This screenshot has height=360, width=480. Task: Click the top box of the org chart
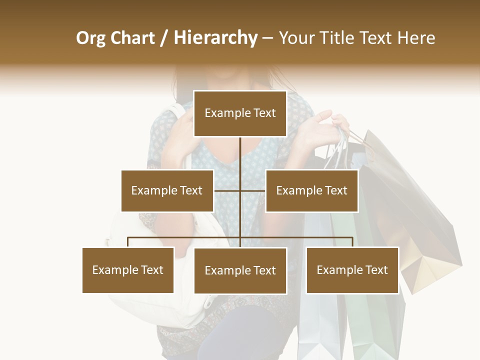pyautogui.click(x=240, y=113)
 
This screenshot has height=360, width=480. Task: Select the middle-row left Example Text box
pyautogui.click(x=167, y=190)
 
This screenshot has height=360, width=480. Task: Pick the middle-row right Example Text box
pyautogui.click(x=311, y=190)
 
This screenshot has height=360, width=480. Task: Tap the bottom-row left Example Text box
pyautogui.click(x=128, y=270)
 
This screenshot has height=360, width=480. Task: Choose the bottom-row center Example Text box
pyautogui.click(x=240, y=270)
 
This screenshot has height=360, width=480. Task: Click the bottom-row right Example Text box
pyautogui.click(x=352, y=270)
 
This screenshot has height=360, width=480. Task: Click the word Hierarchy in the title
pyautogui.click(x=215, y=38)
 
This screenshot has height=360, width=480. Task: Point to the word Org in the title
pyautogui.click(x=90, y=38)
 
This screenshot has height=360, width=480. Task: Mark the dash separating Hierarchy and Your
pyautogui.click(x=267, y=38)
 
